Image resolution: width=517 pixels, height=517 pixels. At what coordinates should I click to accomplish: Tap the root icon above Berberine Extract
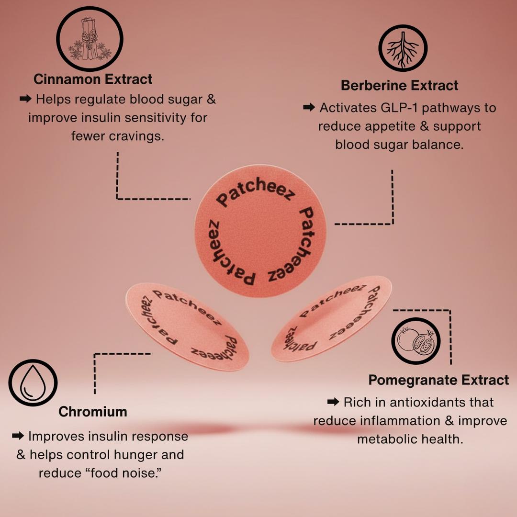tap(403, 48)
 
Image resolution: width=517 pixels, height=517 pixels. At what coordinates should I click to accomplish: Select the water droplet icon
tap(33, 382)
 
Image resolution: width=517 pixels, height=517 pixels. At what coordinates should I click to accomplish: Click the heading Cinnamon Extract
tap(93, 79)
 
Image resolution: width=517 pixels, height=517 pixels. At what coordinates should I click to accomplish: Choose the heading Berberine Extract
tap(399, 86)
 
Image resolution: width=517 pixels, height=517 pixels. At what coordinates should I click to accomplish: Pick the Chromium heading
tap(93, 412)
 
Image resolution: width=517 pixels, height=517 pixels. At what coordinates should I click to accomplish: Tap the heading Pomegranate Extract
tap(438, 380)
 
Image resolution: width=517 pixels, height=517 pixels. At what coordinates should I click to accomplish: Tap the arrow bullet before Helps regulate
tap(25, 99)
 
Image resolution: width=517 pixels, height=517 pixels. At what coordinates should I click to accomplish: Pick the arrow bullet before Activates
tap(310, 108)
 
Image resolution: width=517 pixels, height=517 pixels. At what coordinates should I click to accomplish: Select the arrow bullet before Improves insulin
tap(18, 436)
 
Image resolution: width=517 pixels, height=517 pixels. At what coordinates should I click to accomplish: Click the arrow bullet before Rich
tap(334, 402)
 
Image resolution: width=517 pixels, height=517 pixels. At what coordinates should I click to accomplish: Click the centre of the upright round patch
tap(261, 231)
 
